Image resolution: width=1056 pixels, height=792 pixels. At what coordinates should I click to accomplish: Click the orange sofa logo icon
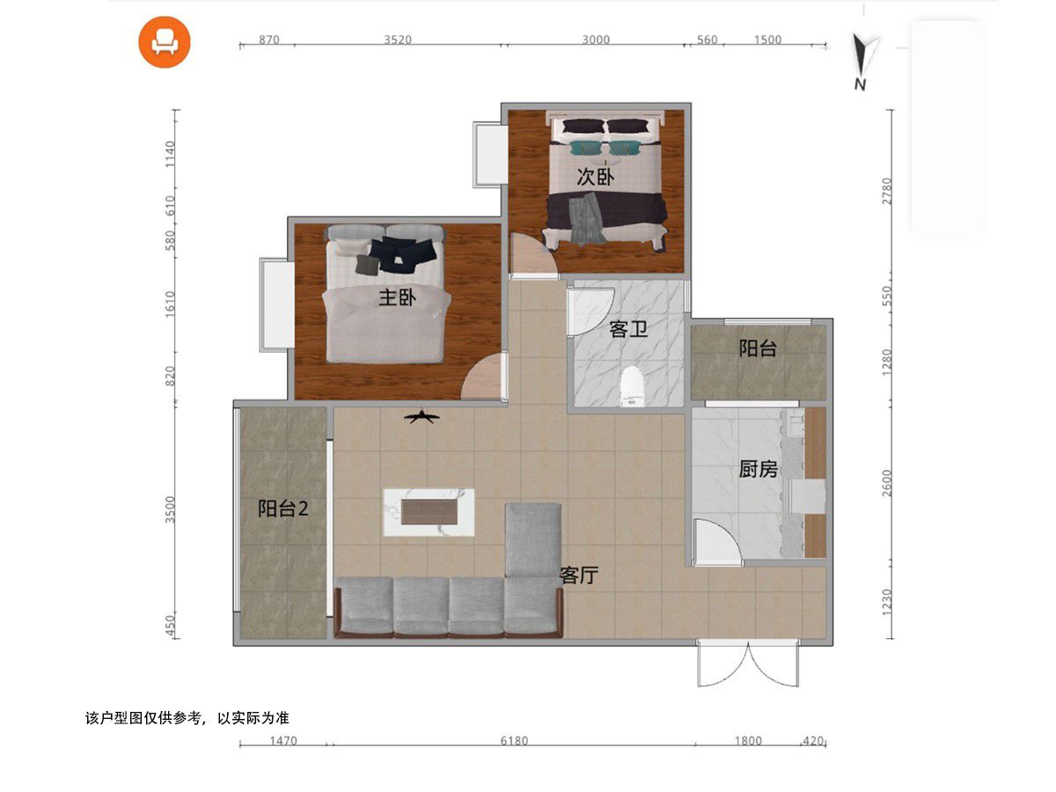(x=165, y=42)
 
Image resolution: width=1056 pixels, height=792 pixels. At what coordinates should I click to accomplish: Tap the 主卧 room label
(x=397, y=297)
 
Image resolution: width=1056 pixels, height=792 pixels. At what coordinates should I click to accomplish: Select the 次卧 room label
(x=595, y=177)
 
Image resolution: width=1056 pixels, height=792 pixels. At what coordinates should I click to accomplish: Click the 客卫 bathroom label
(x=627, y=329)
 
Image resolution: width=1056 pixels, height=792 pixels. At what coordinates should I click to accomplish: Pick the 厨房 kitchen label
(x=758, y=469)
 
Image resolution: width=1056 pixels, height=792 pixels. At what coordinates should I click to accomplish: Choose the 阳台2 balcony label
(x=282, y=509)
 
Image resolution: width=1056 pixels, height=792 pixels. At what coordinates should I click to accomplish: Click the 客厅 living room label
(x=579, y=575)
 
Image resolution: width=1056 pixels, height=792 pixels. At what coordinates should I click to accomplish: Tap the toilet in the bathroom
(x=632, y=386)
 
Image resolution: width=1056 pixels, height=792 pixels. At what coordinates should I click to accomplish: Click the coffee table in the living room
(x=429, y=512)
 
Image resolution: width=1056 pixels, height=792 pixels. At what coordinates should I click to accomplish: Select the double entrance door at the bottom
(x=748, y=664)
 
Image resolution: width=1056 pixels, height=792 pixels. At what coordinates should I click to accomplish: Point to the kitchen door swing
(x=716, y=542)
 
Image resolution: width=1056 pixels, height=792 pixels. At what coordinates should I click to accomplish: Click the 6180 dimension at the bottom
(x=514, y=741)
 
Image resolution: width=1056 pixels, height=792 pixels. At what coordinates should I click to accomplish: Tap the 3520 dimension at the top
(x=398, y=40)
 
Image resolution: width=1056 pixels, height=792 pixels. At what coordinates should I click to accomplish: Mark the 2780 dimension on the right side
(x=887, y=191)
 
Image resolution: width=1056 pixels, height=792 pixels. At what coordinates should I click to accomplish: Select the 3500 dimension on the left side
(x=170, y=510)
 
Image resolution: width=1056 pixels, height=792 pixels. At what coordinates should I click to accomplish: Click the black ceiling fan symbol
(x=422, y=417)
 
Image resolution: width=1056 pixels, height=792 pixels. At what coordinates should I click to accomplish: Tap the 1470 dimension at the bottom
(x=283, y=741)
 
